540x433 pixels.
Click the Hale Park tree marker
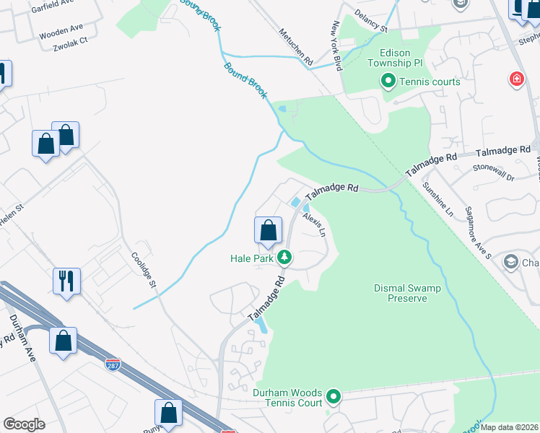285,256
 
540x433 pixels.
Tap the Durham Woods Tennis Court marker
334,396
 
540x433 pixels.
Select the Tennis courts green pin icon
388,82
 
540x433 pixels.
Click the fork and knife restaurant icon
66,280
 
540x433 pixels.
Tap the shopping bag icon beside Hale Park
268,230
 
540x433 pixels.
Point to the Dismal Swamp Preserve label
407,292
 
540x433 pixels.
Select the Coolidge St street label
143,269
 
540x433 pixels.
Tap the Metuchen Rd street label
296,46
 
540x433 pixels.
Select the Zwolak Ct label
70,41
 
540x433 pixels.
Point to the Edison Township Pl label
394,58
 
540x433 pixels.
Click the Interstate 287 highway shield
113,365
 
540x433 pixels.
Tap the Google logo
24,424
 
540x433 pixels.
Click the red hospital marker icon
516,78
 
